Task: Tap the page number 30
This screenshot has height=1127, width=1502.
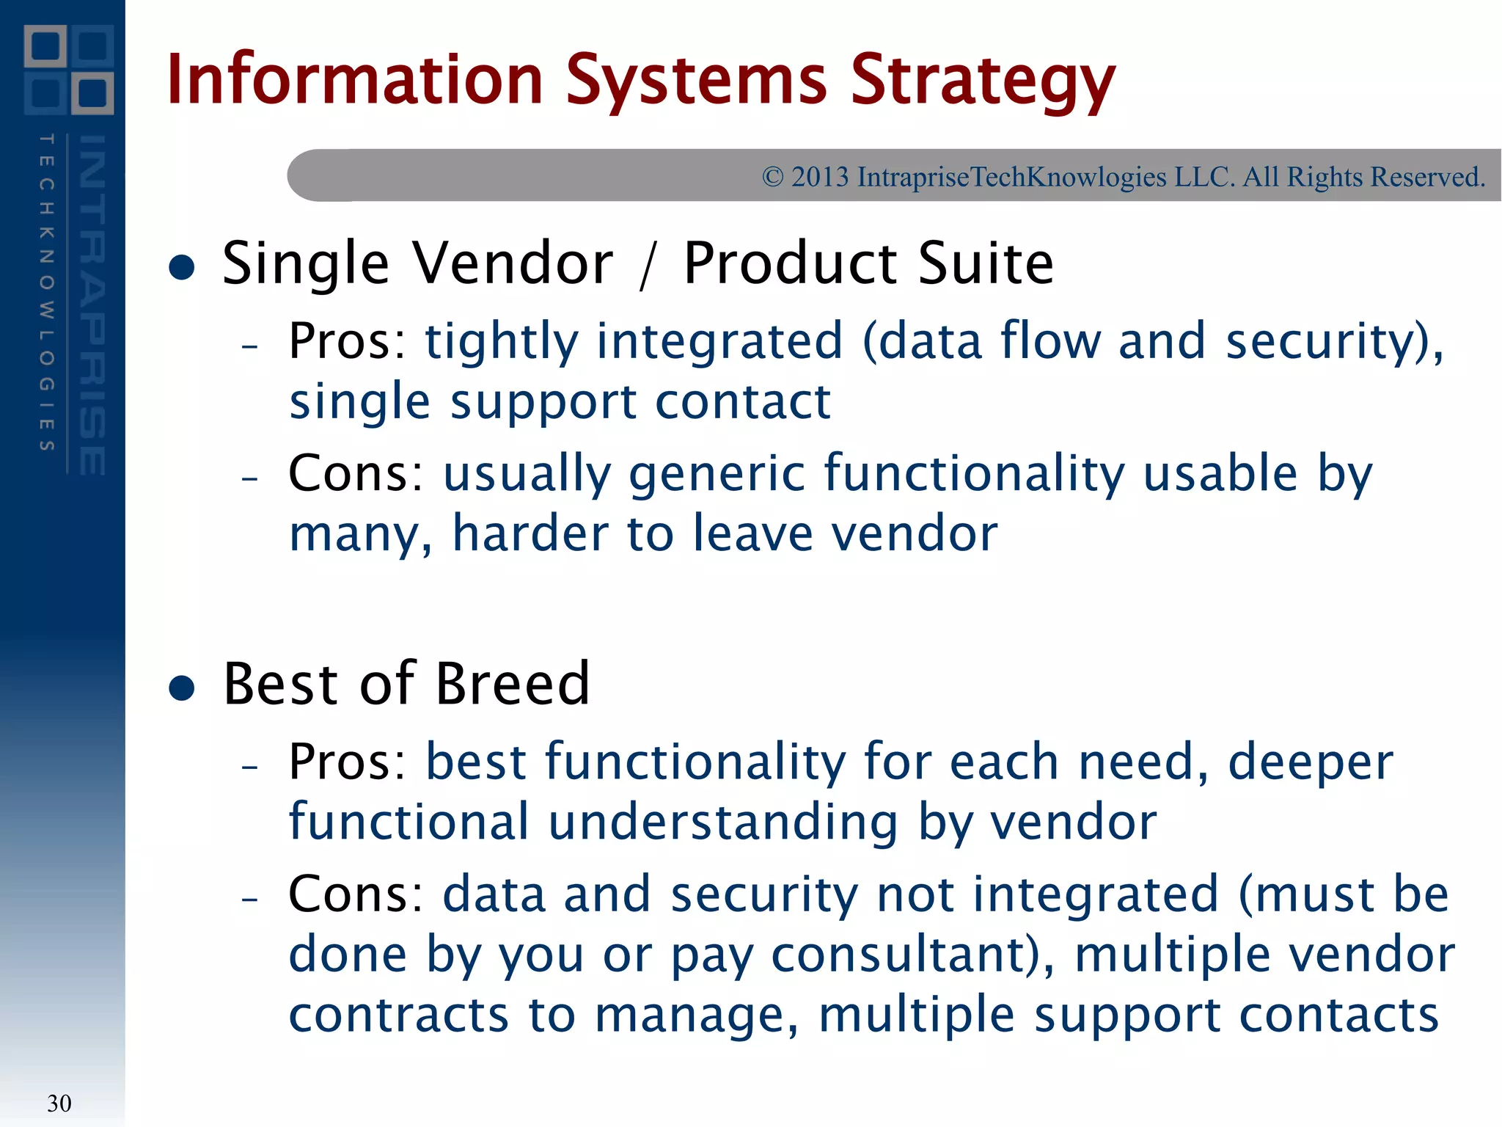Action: click(59, 1103)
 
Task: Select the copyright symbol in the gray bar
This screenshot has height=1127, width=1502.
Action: click(772, 177)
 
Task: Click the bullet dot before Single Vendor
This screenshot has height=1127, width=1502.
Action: click(182, 267)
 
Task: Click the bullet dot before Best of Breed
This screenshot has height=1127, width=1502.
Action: click(182, 688)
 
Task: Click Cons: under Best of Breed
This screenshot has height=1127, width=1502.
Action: click(356, 894)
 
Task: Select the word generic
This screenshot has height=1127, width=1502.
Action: click(717, 475)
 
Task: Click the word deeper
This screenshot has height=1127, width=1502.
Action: click(1310, 763)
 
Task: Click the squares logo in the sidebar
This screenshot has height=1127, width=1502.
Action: click(69, 70)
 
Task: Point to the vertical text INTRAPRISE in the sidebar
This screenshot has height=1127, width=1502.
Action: click(92, 304)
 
